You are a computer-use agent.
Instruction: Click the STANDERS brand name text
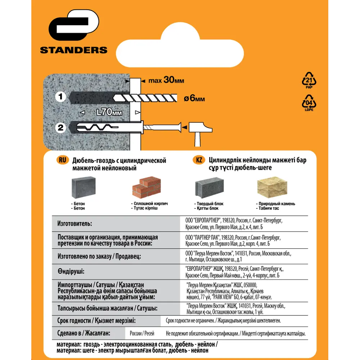click(x=74, y=50)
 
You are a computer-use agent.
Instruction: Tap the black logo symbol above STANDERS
click(x=74, y=25)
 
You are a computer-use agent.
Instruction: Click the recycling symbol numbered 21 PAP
click(x=309, y=80)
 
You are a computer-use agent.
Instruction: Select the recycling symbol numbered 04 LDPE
click(x=309, y=103)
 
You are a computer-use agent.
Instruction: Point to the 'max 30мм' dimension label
click(x=166, y=80)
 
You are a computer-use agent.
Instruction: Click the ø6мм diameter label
click(x=194, y=98)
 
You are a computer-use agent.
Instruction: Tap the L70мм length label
click(x=109, y=112)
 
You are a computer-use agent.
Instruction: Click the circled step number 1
click(x=60, y=96)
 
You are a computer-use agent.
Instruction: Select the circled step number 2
click(x=60, y=128)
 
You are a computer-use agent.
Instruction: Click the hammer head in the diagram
click(x=200, y=127)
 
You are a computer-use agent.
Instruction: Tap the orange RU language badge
click(x=62, y=160)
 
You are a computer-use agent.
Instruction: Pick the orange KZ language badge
click(x=199, y=160)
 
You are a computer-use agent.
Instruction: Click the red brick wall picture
click(x=147, y=187)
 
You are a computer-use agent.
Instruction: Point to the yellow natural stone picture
click(x=272, y=187)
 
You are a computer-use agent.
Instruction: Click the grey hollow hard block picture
click(x=210, y=188)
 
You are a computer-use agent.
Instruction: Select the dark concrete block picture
click(x=84, y=187)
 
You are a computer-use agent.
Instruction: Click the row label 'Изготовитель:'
click(x=75, y=224)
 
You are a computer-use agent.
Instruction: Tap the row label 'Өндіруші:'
click(x=71, y=271)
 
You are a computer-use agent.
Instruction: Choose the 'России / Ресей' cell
click(x=142, y=333)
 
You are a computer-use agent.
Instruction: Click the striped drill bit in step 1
click(x=145, y=98)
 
